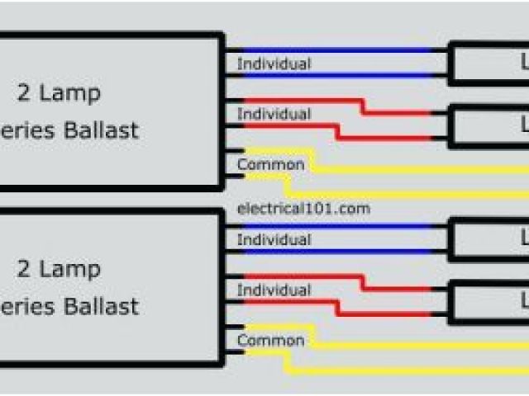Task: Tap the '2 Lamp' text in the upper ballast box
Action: tap(60, 92)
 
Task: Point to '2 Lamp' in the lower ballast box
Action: tap(60, 269)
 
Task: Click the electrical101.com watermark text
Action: tap(303, 209)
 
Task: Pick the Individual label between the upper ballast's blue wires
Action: tap(274, 64)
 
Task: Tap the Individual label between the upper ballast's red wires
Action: tap(274, 114)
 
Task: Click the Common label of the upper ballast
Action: tap(270, 164)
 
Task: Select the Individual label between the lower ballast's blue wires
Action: tap(274, 240)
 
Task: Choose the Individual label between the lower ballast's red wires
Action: tap(274, 290)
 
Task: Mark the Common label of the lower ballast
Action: tap(270, 340)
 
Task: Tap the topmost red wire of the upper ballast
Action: tap(298, 101)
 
